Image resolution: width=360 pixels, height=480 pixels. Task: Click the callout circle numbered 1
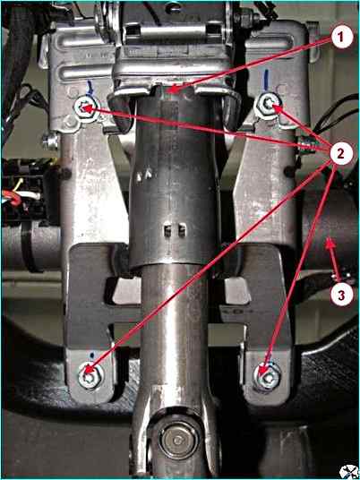point(341,39)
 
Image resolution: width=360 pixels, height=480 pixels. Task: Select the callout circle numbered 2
point(340,153)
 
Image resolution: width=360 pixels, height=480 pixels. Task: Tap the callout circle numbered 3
point(341,295)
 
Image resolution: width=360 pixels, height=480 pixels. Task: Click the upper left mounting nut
point(87,108)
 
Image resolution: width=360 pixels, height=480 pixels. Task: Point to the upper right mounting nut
point(269,105)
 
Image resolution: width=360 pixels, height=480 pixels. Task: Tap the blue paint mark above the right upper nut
point(266,80)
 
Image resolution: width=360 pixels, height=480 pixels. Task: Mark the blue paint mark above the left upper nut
point(90,87)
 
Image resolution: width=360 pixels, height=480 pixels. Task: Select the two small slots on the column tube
point(175,229)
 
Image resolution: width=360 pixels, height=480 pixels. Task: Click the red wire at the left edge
point(12,197)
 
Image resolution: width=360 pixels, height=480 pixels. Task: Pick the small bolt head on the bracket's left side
point(51,141)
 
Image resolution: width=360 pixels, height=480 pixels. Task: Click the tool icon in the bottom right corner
point(349,471)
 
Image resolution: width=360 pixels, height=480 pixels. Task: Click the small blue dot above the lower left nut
point(92,356)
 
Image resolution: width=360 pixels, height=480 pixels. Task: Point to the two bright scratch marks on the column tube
point(144,176)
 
